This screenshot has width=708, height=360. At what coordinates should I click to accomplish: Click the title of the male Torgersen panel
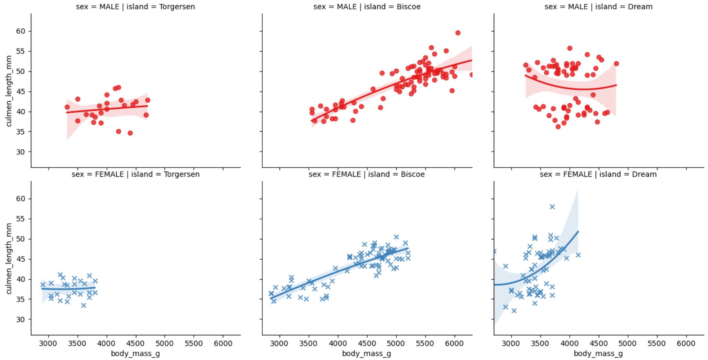pyautogui.click(x=135, y=7)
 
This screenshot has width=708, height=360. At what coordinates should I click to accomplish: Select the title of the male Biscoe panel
pyautogui.click(x=367, y=7)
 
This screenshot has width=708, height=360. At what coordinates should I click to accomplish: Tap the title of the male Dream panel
pyautogui.click(x=598, y=7)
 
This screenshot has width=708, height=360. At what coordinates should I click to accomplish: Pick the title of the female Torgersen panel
pyautogui.click(x=135, y=174)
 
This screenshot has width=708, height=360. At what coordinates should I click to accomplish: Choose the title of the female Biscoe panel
pyautogui.click(x=367, y=174)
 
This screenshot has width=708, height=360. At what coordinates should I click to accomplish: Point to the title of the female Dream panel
pyautogui.click(x=598, y=174)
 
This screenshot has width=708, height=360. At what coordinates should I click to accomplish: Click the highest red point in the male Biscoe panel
pyautogui.click(x=458, y=33)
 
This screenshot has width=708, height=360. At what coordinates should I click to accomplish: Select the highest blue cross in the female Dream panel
pyautogui.click(x=552, y=207)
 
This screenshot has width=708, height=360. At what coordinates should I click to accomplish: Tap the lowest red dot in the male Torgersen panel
pyautogui.click(x=130, y=133)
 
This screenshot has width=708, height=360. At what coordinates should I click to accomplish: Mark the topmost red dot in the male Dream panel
pyautogui.click(x=570, y=48)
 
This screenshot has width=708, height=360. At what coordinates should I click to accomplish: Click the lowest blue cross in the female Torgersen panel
pyautogui.click(x=83, y=305)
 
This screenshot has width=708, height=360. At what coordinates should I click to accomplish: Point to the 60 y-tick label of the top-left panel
pyautogui.click(x=20, y=31)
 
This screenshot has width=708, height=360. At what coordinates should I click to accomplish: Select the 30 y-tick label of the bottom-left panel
pyautogui.click(x=20, y=320)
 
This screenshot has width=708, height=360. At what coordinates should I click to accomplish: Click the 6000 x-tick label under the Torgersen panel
pyautogui.click(x=223, y=344)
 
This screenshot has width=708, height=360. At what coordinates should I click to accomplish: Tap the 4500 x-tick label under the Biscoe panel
pyautogui.click(x=367, y=344)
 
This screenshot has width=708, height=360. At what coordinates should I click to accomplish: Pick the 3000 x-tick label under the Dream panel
pyautogui.click(x=511, y=344)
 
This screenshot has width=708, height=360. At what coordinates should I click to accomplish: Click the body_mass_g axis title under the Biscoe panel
pyautogui.click(x=367, y=354)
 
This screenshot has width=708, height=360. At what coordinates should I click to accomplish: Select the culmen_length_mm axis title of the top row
pyautogui.click(x=9, y=91)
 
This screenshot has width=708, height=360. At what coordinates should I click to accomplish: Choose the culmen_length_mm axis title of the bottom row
pyautogui.click(x=9, y=259)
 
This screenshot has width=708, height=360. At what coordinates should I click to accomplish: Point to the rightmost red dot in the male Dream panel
pyautogui.click(x=616, y=63)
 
